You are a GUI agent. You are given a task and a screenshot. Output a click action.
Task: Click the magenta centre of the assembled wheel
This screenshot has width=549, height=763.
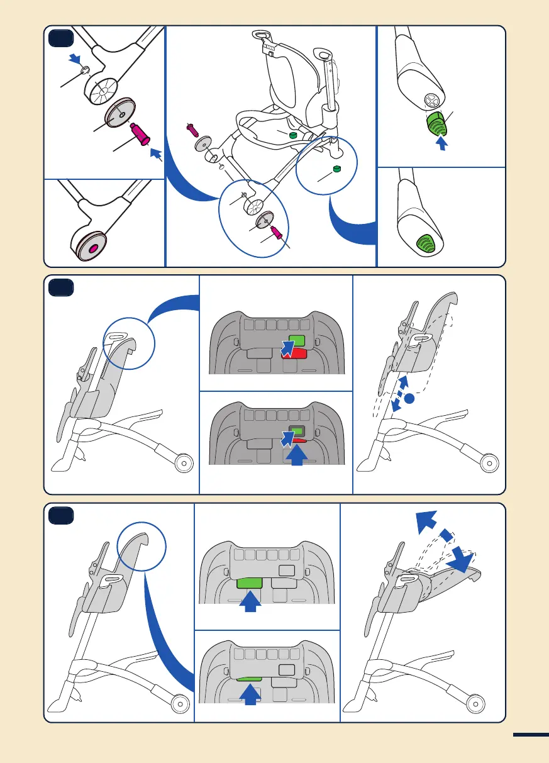(93, 248)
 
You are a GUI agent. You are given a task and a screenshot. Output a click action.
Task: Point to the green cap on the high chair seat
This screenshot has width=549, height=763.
(292, 135)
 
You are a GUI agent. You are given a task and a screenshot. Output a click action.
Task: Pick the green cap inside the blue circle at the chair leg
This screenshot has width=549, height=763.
(336, 169)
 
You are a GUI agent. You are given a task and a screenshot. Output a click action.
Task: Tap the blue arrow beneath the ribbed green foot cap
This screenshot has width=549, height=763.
(442, 144)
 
